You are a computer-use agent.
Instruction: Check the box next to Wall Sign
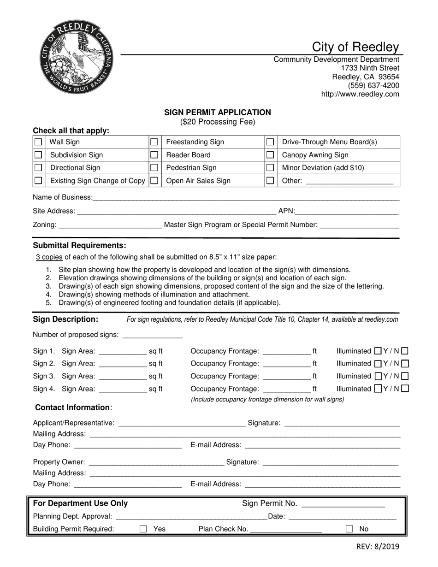click(39, 142)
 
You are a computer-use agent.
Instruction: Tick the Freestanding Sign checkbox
click(155, 142)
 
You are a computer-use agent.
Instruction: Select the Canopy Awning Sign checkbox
click(271, 155)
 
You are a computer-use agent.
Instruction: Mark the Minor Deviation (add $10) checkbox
click(271, 168)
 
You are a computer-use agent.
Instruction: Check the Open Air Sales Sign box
click(155, 181)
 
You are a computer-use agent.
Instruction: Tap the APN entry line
click(347, 212)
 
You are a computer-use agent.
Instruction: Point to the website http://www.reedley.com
click(360, 94)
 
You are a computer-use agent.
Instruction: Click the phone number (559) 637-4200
click(373, 85)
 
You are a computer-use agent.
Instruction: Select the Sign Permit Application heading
click(218, 112)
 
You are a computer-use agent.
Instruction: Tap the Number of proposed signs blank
click(152, 335)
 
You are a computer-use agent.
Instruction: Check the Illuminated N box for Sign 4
click(405, 389)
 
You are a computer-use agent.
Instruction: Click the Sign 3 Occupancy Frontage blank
click(286, 376)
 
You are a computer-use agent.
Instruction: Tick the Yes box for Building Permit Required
click(143, 529)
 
